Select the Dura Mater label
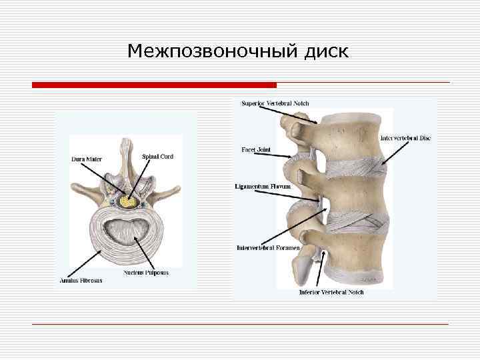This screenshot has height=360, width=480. click(87, 159)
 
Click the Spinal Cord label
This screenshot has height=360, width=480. click(158, 157)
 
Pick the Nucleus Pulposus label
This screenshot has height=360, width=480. click(146, 273)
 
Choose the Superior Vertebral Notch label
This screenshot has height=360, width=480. click(275, 103)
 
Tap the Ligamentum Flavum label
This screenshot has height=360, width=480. click(263, 186)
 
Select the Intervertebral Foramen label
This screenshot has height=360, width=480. click(269, 248)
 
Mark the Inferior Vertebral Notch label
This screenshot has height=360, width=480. click(331, 292)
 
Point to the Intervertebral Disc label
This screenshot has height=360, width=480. click(405, 138)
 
